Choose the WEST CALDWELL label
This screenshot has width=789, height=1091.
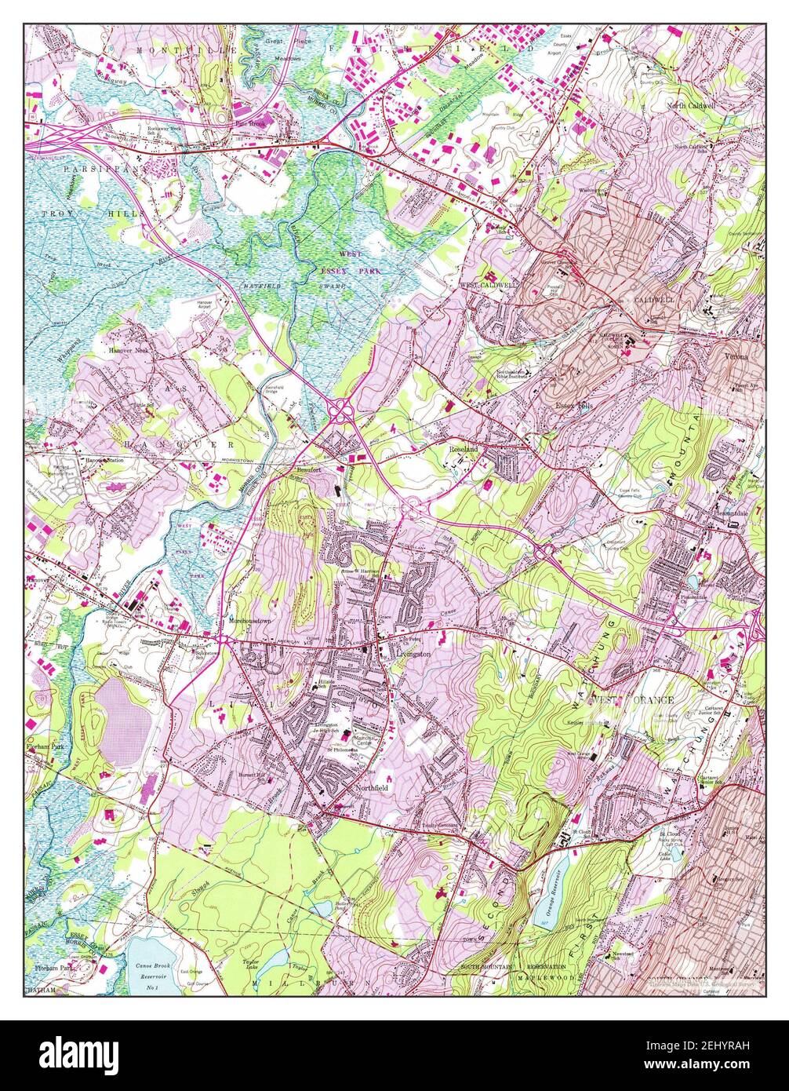click(x=488, y=286)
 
